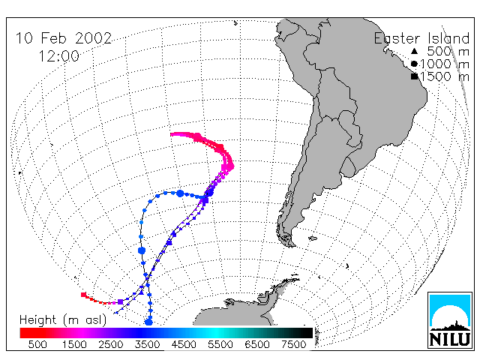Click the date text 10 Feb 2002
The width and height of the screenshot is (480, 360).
click(64, 38)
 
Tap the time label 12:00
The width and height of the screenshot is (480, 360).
click(59, 56)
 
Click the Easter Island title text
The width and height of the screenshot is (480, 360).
click(421, 38)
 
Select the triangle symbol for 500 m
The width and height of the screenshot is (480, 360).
click(414, 51)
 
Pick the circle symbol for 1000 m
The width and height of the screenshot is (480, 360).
click(414, 64)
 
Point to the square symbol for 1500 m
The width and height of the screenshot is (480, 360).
click(414, 76)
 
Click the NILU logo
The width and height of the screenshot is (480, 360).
click(450, 320)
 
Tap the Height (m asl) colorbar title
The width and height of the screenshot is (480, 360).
click(63, 319)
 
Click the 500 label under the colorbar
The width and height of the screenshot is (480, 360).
click(37, 344)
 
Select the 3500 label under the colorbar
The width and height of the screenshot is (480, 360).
click(147, 344)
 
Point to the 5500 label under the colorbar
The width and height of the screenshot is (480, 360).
click(220, 344)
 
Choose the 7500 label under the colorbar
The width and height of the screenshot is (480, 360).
click(293, 344)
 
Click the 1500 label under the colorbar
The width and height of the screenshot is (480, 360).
click(74, 344)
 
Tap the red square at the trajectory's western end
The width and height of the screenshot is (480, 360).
click(83, 295)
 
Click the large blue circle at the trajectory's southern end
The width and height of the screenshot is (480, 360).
click(148, 322)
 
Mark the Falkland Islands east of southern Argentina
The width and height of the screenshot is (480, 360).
click(313, 238)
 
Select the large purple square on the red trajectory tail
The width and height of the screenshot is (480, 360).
click(120, 301)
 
